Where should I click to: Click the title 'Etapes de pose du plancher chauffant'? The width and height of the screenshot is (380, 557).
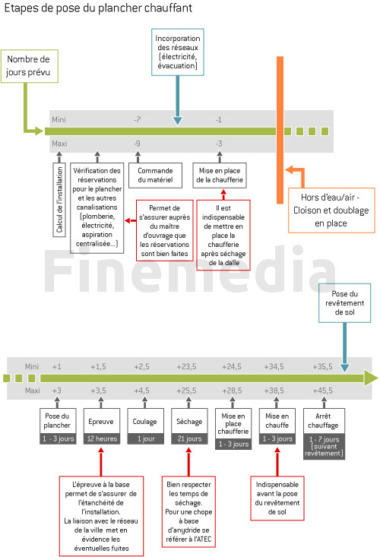pos(98,8)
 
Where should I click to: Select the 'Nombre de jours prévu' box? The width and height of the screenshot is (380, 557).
pos(30,66)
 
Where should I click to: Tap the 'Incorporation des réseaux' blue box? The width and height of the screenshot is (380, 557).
pos(178,52)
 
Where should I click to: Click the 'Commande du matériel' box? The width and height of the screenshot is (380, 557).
pos(155,176)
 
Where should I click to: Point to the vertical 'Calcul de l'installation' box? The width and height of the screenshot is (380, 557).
pos(59,200)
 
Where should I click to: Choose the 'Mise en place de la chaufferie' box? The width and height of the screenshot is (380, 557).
pos(220,176)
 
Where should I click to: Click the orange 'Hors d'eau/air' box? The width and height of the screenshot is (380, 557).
pos(331,210)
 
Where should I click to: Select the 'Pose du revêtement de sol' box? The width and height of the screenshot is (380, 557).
pos(344,303)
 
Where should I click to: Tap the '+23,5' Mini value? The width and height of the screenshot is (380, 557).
pos(186,366)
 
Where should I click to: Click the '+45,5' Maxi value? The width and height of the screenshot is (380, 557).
pos(323,391)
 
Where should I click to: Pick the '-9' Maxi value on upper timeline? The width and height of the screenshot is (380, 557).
pos(137,144)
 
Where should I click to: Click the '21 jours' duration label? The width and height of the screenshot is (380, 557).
pos(189,438)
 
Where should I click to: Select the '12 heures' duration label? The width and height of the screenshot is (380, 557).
pos(102,438)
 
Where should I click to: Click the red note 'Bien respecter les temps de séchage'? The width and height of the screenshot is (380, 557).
pos(188,511)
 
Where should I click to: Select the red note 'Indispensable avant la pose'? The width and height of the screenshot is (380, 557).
pos(277,498)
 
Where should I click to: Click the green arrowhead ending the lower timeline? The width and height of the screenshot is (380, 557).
pos(371,378)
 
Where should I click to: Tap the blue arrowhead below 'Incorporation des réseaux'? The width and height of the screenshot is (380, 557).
pos(178,121)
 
